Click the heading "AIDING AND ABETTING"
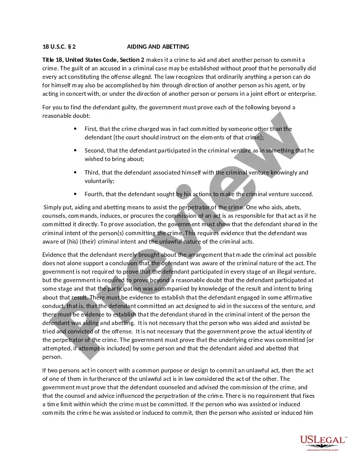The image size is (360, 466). pyautogui.click(x=158, y=47)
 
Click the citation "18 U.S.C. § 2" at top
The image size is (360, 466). pyautogui.click(x=59, y=47)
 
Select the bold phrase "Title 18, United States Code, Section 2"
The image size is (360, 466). pyautogui.click(x=93, y=60)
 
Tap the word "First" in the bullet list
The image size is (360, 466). pyautogui.click(x=90, y=129)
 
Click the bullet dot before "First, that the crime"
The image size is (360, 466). pyautogui.click(x=75, y=129)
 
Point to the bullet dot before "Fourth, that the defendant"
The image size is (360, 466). pyautogui.click(x=75, y=194)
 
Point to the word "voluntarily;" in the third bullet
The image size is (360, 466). pyautogui.click(x=100, y=181)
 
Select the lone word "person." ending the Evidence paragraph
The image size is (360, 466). pyautogui.click(x=52, y=357)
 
